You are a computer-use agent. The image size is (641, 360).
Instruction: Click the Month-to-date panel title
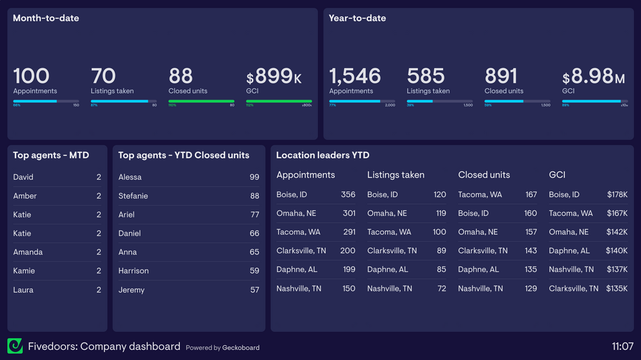46,19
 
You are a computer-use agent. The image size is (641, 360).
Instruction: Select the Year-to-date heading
357,19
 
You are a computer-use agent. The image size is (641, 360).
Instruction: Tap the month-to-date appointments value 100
31,76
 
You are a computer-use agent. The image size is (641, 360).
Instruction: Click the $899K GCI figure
274,77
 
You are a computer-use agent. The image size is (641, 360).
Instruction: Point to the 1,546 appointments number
355,76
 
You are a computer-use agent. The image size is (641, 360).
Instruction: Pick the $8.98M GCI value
594,77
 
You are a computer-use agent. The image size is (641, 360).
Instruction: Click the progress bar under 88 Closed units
201,101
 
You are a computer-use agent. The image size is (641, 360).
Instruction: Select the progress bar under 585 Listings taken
440,101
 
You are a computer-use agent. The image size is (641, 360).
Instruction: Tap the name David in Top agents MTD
23,177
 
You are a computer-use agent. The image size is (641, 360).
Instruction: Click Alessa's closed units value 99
254,177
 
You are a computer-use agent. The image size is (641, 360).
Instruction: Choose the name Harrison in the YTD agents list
133,271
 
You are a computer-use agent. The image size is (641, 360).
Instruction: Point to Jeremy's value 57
254,290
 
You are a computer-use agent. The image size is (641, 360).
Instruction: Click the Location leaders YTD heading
322,156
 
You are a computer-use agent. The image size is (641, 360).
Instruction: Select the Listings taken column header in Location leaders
395,175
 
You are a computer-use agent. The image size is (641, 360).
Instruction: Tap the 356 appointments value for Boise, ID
348,195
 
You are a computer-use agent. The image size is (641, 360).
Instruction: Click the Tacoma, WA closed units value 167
531,195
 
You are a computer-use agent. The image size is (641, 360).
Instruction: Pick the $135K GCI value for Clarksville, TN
617,289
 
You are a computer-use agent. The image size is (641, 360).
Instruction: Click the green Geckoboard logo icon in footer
15,347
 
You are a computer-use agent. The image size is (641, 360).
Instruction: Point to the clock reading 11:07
622,347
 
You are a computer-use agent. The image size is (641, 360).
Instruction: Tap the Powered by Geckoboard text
222,348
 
